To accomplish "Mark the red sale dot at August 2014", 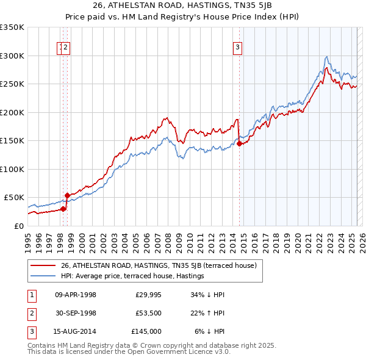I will (239, 144).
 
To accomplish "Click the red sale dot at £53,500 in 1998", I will (67, 196).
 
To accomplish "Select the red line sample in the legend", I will (44, 266).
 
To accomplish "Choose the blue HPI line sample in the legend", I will (44, 276).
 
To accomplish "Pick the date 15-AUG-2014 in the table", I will (76, 331).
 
